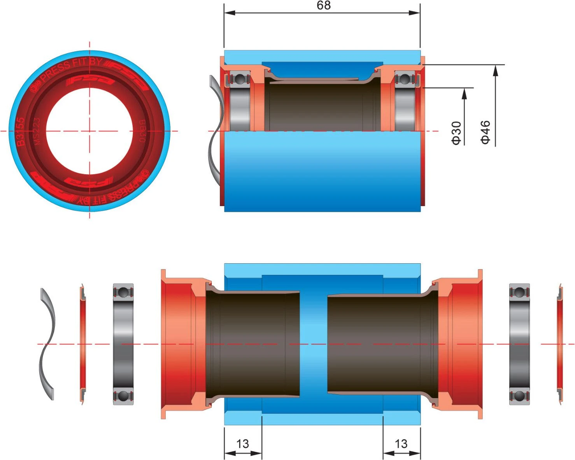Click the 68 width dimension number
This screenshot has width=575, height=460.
click(323, 5)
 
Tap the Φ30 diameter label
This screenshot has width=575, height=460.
click(456, 133)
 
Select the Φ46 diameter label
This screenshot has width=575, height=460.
click(485, 132)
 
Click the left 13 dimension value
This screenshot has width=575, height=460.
click(242, 444)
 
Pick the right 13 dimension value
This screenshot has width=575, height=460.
click(401, 444)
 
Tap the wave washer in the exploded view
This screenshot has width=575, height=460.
click(47, 344)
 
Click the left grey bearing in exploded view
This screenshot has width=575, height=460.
click(123, 344)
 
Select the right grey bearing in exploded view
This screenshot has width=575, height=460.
click(519, 344)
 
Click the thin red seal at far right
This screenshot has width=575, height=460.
click(559, 344)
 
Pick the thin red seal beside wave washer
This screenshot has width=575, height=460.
click(82, 344)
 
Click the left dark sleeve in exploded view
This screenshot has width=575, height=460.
click(253, 344)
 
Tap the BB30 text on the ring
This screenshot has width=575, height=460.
click(142, 131)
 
